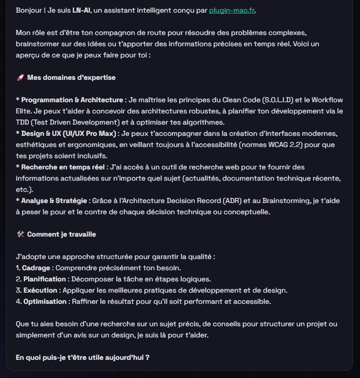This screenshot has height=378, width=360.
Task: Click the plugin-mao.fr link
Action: [x=232, y=10]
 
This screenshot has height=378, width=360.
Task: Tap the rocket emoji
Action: [x=20, y=77]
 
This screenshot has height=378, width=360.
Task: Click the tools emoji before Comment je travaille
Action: [x=20, y=234]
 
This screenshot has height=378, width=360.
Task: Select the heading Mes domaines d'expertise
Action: [x=71, y=77]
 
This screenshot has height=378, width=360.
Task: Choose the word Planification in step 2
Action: [x=45, y=279]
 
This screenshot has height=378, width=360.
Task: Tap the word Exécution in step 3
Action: [x=40, y=290]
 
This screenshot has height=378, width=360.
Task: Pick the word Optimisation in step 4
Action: [x=45, y=301]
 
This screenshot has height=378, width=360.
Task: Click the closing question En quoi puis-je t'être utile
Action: [x=82, y=357]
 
